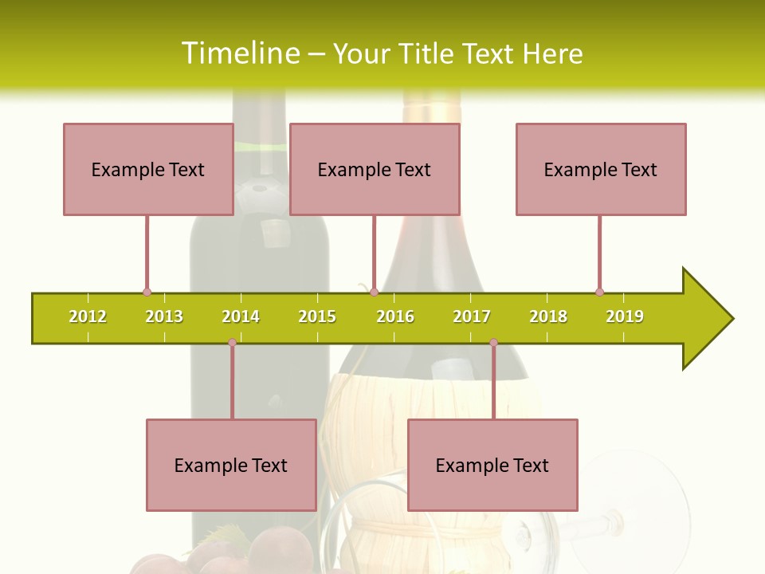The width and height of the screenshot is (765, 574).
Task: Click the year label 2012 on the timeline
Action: pos(88,316)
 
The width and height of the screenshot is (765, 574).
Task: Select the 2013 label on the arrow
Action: pos(164,316)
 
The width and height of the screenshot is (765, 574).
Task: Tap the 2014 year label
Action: pos(241,316)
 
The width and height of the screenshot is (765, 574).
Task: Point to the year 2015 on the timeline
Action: pos(317,316)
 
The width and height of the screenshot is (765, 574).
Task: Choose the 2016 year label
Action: pos(395,316)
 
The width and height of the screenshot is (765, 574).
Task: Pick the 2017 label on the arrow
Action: pos(472,316)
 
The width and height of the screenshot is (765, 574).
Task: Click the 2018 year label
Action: pos(548,316)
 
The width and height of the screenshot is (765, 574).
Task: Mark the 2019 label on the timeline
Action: pos(625,316)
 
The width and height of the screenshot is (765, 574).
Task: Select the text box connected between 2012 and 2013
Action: pos(148,169)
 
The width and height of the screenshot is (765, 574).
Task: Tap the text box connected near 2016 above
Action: pos(375,169)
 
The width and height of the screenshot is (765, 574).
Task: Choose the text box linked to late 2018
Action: pos(601,169)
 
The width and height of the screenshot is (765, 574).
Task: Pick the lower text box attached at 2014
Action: pos(231,465)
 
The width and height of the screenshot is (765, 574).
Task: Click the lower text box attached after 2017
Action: pos(492,465)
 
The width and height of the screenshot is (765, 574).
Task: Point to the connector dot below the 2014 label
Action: pos(232,342)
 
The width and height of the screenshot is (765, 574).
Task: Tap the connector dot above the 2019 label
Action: pos(599,292)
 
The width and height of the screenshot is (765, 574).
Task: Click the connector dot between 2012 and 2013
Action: pos(147,292)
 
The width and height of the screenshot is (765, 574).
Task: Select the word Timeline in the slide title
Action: pos(240,53)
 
